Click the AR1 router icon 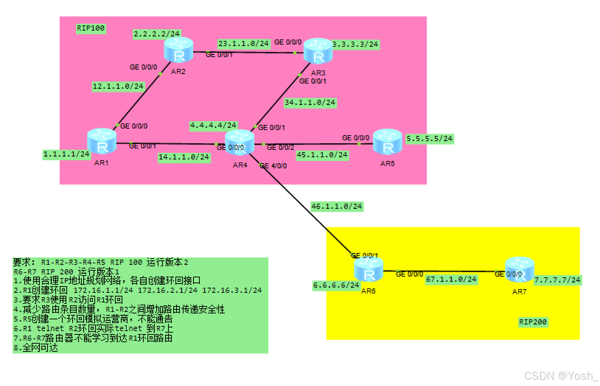coord(102,141)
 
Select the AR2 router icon coord(179,50)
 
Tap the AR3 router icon coord(318,52)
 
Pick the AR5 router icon coord(387,142)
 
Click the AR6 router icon coord(368,270)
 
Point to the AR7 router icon coord(519,270)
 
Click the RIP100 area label coord(91,28)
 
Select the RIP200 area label coord(533,322)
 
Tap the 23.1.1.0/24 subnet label coord(243,43)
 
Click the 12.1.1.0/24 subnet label coord(118,86)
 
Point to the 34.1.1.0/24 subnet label coord(310,102)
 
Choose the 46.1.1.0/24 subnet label coord(337,206)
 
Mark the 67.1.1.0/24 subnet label coord(451,279)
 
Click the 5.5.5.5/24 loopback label coord(429,138)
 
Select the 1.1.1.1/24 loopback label coord(66,154)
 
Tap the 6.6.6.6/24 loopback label coord(336,285)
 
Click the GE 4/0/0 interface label coord(273,166)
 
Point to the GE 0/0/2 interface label coord(280,147)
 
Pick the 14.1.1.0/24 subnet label coord(184,157)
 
